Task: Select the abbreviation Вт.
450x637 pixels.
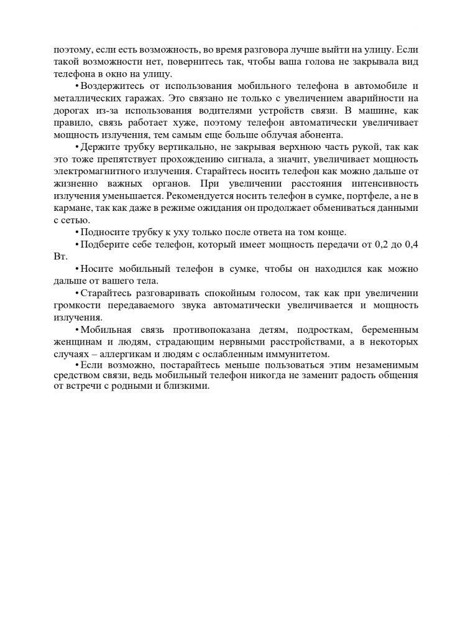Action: coord(60,257)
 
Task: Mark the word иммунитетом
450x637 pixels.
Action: coord(282,355)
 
